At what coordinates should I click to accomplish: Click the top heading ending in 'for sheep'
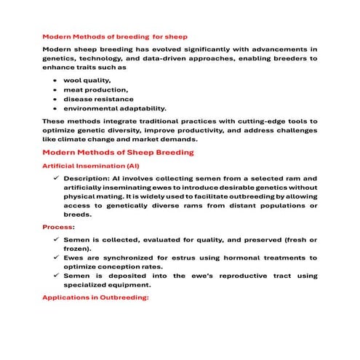(x=114, y=36)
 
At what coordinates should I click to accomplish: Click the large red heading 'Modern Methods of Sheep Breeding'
(x=118, y=153)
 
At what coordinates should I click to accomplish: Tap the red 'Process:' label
(x=57, y=227)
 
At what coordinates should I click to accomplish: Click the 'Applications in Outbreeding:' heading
(x=95, y=297)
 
